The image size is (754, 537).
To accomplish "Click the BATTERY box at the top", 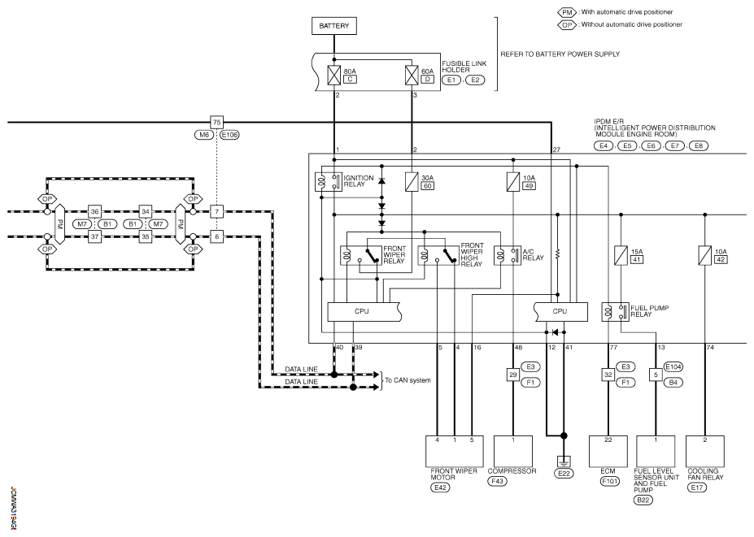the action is pos(334,26).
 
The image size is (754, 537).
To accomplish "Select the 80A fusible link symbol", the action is pos(333,75).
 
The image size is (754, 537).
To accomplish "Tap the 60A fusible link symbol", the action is pos(412,75).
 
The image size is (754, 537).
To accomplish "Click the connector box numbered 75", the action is pos(217,122).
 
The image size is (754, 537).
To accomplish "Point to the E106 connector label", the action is pos(229,135).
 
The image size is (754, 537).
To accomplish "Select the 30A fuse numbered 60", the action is pos(412,182).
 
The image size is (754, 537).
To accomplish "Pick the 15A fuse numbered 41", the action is pos(621,256).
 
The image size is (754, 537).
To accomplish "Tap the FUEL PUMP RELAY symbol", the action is pos(615,312).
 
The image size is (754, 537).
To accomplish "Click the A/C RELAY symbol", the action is pos(508,256).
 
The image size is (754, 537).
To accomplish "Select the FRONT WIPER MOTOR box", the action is pos(455,452).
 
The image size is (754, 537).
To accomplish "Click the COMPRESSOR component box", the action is pos(513,452).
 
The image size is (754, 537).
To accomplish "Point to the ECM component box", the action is pos(608,452).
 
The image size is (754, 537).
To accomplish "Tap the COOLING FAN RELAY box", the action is pos(705,452).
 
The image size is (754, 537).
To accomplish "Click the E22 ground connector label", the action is pos(564,474).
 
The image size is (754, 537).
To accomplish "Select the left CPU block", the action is pos(364,312).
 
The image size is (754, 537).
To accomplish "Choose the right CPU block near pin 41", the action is pos(561,312).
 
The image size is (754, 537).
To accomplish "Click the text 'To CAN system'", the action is pos(408,380).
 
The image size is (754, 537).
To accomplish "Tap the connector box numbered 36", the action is pos(94,211).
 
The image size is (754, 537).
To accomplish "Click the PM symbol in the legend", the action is pos(567,12).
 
